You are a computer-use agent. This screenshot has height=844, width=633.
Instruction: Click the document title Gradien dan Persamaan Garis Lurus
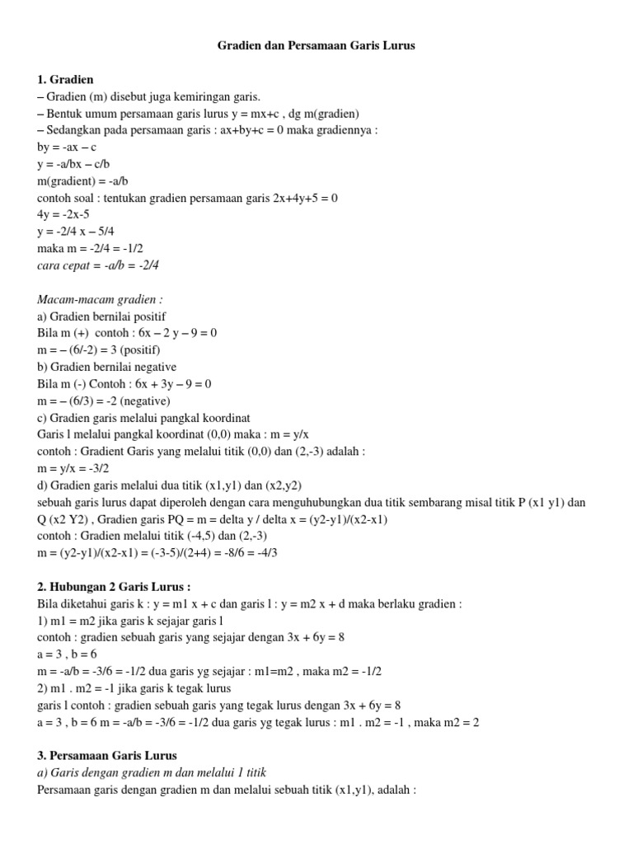tap(316, 46)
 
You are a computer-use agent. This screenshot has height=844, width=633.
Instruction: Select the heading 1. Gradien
tap(66, 80)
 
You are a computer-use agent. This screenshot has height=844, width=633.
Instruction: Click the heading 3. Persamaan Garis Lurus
tap(107, 755)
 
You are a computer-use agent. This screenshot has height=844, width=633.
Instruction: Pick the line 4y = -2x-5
tap(68, 214)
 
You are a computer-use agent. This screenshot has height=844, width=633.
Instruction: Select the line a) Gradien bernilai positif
tap(101, 316)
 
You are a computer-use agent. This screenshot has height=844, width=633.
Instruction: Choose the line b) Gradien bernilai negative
tap(107, 367)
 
